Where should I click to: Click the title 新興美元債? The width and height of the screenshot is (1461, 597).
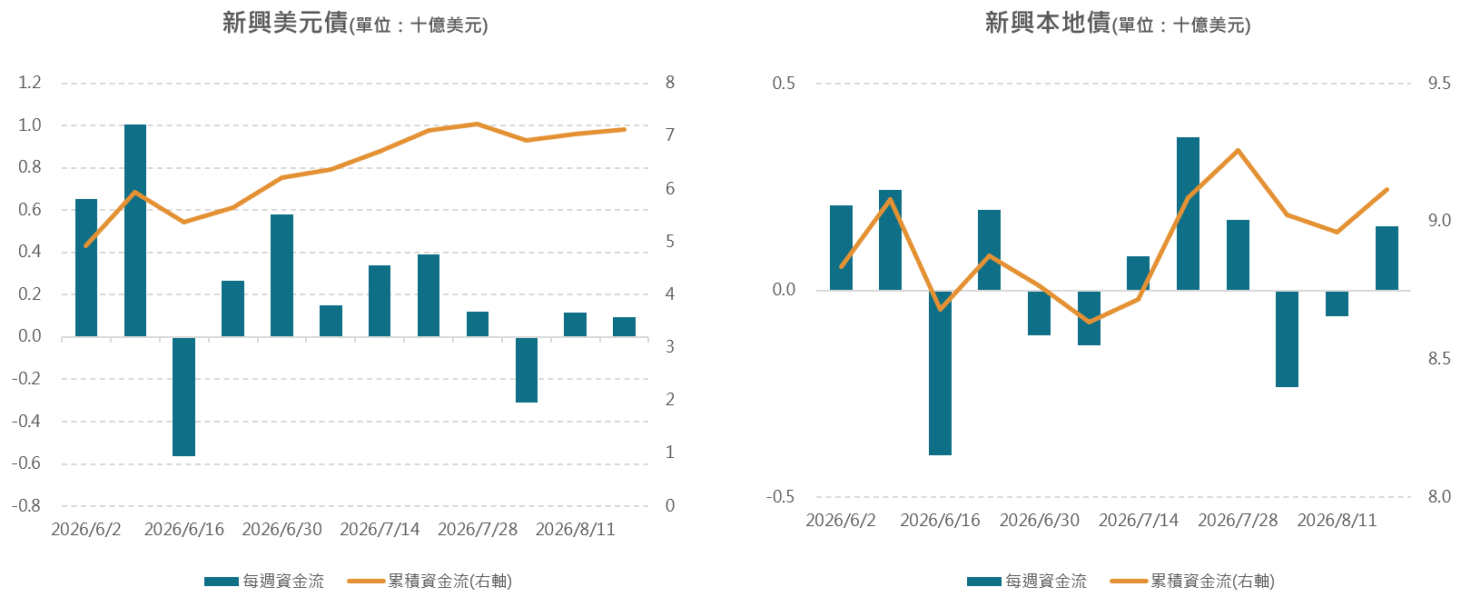tap(285, 22)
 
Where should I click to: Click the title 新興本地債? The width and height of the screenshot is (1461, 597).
tap(1048, 22)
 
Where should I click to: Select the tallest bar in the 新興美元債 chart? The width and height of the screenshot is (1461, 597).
tap(135, 230)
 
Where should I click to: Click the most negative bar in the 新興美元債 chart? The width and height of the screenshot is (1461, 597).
tap(184, 397)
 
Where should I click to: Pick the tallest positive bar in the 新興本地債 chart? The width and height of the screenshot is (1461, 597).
tap(1188, 214)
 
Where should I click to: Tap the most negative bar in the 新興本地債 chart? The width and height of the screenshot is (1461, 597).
tap(940, 373)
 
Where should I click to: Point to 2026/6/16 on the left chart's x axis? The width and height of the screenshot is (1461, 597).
tap(184, 529)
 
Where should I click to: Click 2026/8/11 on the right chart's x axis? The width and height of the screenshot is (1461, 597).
tap(1337, 520)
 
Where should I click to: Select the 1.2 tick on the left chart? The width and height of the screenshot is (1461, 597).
tap(29, 82)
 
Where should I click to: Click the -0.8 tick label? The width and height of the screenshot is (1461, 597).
tap(26, 505)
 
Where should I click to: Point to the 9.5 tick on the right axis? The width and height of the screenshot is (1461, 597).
tap(1439, 83)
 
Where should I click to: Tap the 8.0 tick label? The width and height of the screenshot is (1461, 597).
tap(1439, 496)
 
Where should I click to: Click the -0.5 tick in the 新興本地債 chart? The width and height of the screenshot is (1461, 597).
tap(780, 496)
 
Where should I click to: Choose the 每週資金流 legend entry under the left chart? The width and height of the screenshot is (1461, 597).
tap(263, 581)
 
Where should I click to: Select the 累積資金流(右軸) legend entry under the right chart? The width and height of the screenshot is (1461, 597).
tap(1192, 581)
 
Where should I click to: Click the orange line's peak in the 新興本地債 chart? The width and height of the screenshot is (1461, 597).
tap(1238, 150)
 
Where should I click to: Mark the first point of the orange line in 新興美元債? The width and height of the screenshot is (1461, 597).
tap(86, 245)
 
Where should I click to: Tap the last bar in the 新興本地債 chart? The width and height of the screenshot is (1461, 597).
tap(1387, 258)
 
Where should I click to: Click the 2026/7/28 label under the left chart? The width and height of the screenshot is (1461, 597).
tap(478, 529)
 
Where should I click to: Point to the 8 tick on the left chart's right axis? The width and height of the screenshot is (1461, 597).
tap(670, 82)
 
